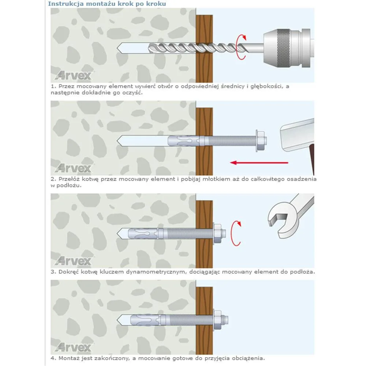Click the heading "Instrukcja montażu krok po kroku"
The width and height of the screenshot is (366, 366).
[x=107, y=4]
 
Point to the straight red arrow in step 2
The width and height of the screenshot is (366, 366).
[x=259, y=163]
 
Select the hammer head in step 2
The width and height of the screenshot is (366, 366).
[x=297, y=135]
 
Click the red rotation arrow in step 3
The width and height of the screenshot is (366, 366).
[x=236, y=233]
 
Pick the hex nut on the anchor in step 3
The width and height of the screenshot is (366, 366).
[x=217, y=234]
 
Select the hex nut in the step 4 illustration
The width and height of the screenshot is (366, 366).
[x=217, y=320]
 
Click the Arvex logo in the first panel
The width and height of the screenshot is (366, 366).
[x=74, y=75]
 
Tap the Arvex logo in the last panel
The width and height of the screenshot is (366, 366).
[x=74, y=347]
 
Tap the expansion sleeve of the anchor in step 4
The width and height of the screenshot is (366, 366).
[x=145, y=320]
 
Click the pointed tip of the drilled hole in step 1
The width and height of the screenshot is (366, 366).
[x=117, y=48]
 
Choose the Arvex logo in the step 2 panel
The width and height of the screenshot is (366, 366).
[x=74, y=168]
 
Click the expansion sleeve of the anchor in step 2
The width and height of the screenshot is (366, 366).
[x=183, y=141]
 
